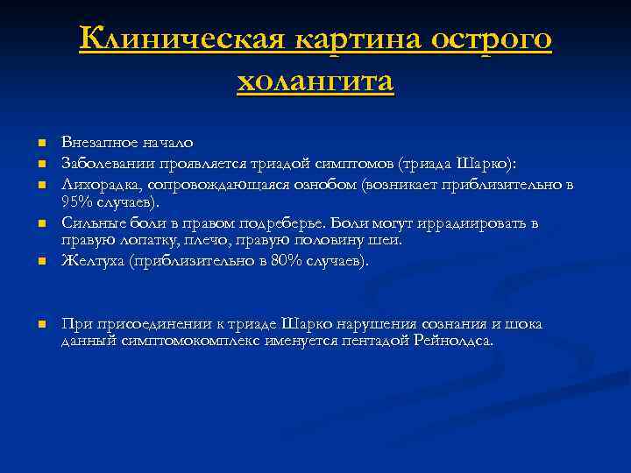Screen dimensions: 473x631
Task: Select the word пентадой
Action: (x=376, y=340)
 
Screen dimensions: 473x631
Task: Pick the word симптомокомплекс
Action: (x=179, y=340)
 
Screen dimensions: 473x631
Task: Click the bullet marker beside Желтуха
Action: (x=40, y=262)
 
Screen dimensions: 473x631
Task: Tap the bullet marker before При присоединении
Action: (x=40, y=325)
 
